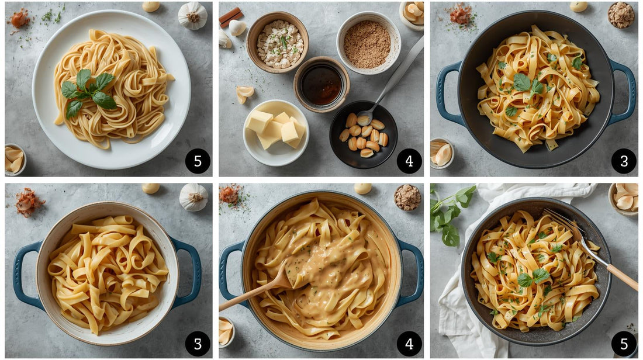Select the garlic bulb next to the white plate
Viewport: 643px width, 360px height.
(192, 15)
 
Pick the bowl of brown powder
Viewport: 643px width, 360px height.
(367, 44)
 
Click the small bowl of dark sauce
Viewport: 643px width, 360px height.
(321, 84)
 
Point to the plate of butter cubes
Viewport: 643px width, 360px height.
(276, 132)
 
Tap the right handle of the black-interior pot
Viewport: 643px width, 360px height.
(624, 92)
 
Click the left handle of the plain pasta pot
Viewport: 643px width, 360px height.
(26, 274)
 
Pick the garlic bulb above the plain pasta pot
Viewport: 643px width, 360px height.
(193, 197)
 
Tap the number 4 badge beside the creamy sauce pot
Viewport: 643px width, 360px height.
(409, 344)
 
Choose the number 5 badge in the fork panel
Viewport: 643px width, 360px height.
(624, 344)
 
